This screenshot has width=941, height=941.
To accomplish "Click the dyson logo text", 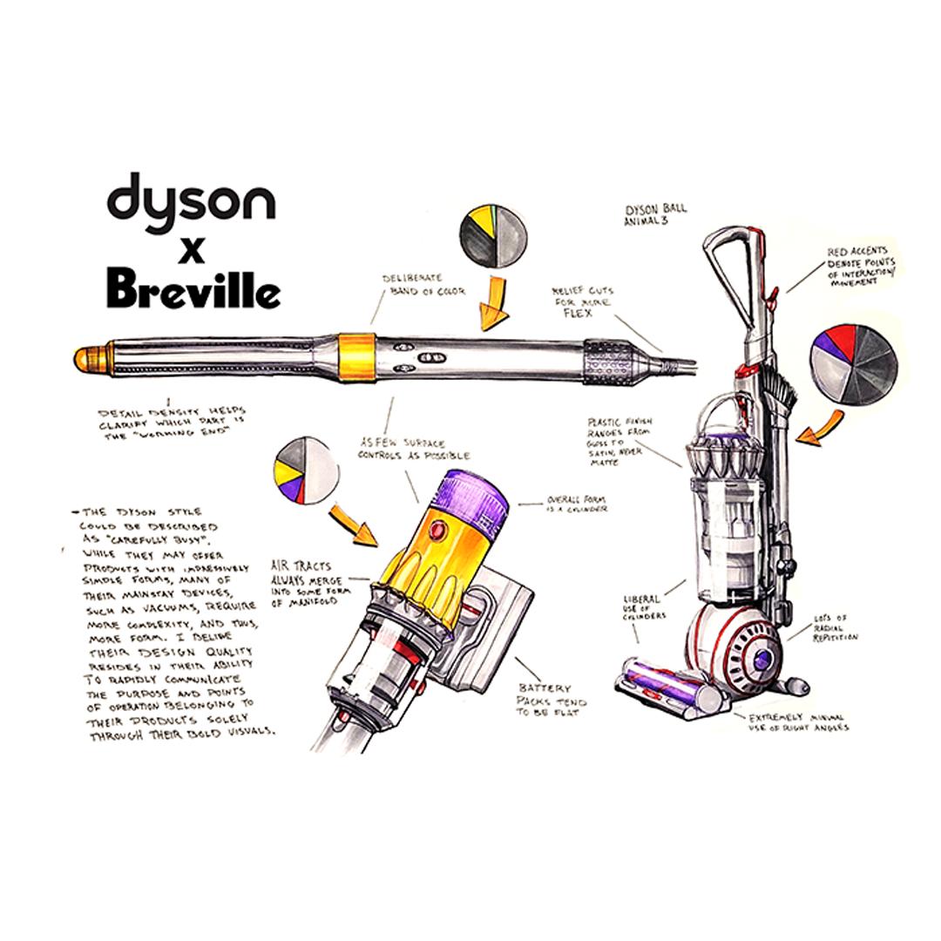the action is click(191, 200).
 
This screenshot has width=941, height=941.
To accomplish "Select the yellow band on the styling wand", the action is click(357, 356).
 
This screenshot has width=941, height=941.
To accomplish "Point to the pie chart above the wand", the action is click(494, 241).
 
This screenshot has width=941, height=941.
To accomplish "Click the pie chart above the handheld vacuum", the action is click(305, 471).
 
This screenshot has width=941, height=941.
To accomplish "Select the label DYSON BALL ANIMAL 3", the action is click(656, 213).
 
